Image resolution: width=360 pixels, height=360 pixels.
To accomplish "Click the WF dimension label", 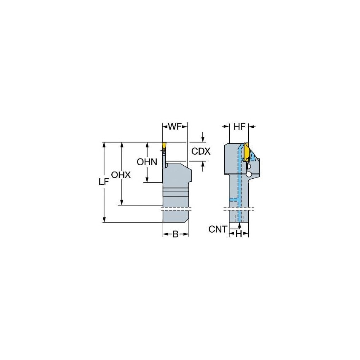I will click(x=175, y=126).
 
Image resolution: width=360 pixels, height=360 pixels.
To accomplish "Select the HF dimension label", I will click(x=239, y=126).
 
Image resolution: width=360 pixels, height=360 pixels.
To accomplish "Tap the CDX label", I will click(x=201, y=151).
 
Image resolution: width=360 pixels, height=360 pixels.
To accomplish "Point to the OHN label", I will click(x=147, y=161).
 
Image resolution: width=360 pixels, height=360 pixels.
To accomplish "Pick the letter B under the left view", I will click(x=175, y=234).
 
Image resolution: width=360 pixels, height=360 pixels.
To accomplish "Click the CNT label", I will click(x=218, y=229).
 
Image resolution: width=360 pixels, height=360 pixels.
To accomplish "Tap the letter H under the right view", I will click(x=239, y=234).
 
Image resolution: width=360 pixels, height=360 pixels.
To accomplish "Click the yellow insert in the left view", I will click(x=163, y=149).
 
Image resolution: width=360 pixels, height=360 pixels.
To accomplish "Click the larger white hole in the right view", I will click(x=249, y=174).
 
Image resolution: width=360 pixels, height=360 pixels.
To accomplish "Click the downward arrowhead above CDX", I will click(x=203, y=139).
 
